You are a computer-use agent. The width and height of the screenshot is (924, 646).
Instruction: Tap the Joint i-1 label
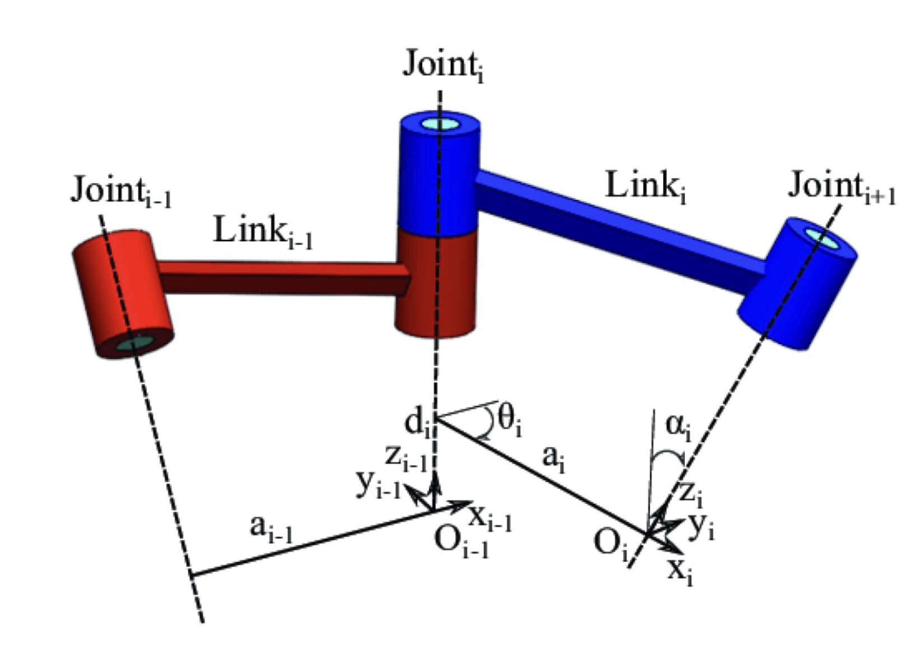point(120,191)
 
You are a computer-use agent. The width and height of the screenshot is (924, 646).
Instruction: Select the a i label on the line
point(553,459)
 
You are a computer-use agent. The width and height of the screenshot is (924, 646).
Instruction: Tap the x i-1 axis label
point(491,517)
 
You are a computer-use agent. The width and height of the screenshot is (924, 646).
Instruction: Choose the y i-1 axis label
point(378,483)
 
